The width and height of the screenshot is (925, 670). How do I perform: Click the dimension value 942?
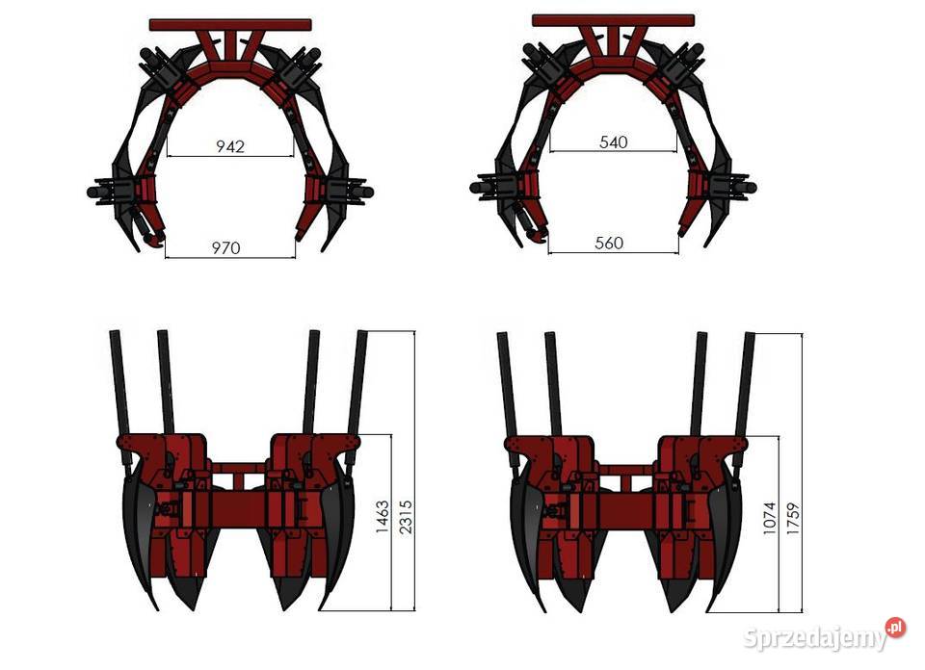click(230, 146)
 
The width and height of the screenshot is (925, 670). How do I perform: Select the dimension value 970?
click(225, 247)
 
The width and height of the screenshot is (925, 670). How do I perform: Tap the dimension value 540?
click(614, 142)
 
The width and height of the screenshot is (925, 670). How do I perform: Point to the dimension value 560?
click(609, 243)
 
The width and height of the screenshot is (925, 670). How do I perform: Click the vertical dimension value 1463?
click(383, 517)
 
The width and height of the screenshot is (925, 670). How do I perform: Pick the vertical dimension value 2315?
click(406, 517)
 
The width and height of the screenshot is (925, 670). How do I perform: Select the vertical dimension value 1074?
click(769, 519)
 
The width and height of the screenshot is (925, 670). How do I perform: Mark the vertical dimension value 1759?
click(793, 519)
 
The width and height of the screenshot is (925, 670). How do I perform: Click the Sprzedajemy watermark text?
click(815, 637)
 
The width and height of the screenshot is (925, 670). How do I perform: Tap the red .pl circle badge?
click(895, 628)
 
